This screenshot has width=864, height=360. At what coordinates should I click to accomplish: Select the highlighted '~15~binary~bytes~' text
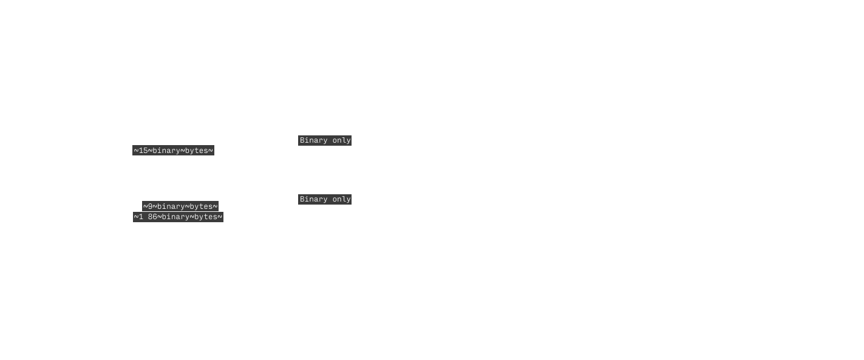coord(174,151)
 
